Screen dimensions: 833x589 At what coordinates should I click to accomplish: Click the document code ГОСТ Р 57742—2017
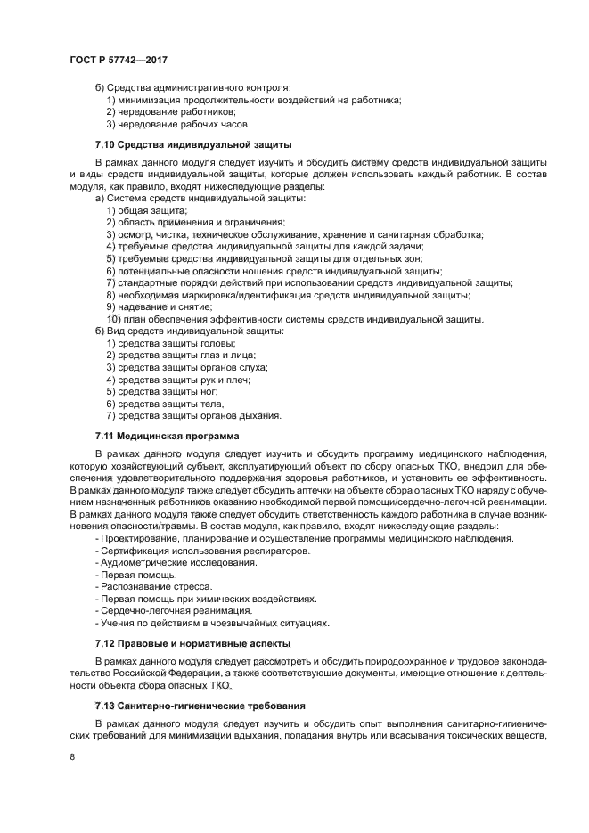[119, 60]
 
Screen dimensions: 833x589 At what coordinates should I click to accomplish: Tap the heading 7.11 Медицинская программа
[168, 437]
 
